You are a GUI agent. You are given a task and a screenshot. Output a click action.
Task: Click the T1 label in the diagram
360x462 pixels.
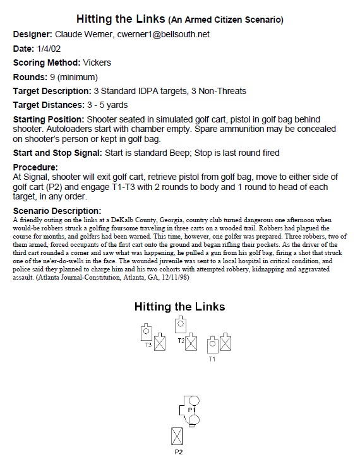pos(212,359)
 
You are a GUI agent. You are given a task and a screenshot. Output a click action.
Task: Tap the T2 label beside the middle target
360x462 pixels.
pos(181,341)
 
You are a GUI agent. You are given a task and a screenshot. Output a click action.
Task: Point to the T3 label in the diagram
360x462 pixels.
pos(148,345)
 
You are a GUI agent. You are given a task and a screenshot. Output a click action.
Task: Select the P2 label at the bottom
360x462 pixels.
pos(179,452)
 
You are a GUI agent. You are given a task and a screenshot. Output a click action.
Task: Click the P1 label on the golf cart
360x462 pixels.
pos(190,410)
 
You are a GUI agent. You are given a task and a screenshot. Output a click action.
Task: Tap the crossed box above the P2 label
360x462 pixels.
pos(178,436)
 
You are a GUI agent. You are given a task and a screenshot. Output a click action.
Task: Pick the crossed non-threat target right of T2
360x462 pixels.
pos(191,343)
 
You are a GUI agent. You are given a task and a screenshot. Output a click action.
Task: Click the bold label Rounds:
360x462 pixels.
pos(31,76)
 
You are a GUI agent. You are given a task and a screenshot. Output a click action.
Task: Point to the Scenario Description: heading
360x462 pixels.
pos(56,210)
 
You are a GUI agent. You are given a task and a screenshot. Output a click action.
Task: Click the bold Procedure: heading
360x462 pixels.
pos(35,167)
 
